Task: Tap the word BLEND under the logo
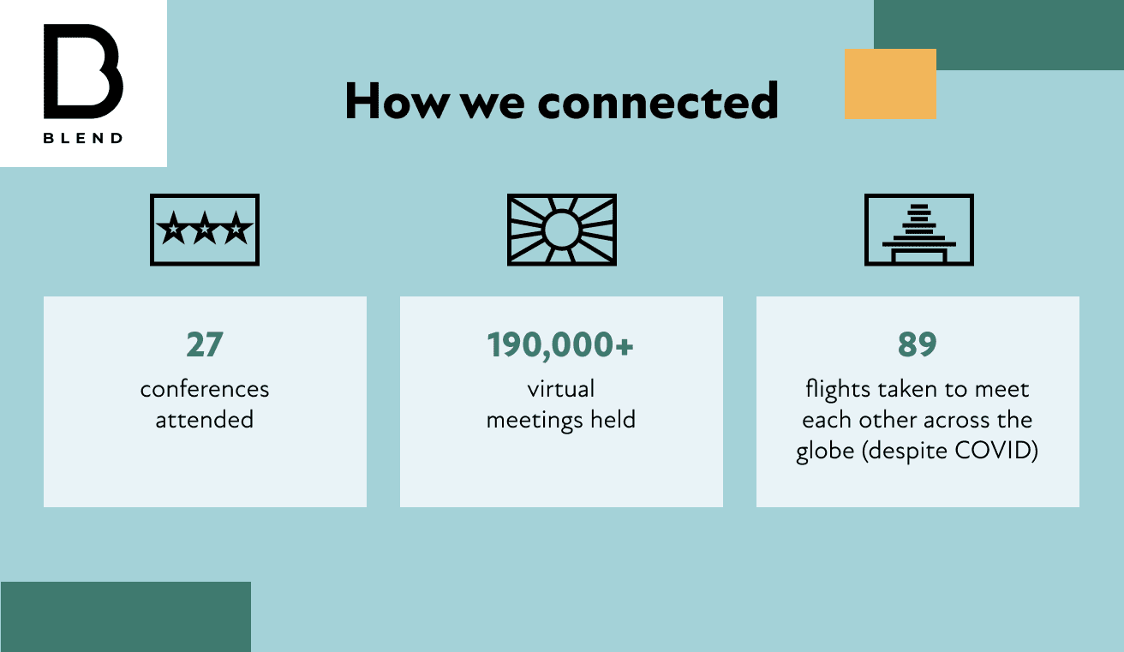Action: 83,138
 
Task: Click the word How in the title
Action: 397,101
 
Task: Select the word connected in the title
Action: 658,101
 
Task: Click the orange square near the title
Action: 890,84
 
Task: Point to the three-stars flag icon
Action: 205,230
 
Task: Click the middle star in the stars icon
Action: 205,229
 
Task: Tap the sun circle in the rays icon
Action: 561,230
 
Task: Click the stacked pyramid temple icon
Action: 918,230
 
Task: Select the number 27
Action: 205,344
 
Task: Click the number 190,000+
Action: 560,345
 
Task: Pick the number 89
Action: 918,344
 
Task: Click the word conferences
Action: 205,390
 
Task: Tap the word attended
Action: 205,420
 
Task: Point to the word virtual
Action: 561,389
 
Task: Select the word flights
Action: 838,390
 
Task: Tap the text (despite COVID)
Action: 950,451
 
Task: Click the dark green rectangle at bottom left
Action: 125,617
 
